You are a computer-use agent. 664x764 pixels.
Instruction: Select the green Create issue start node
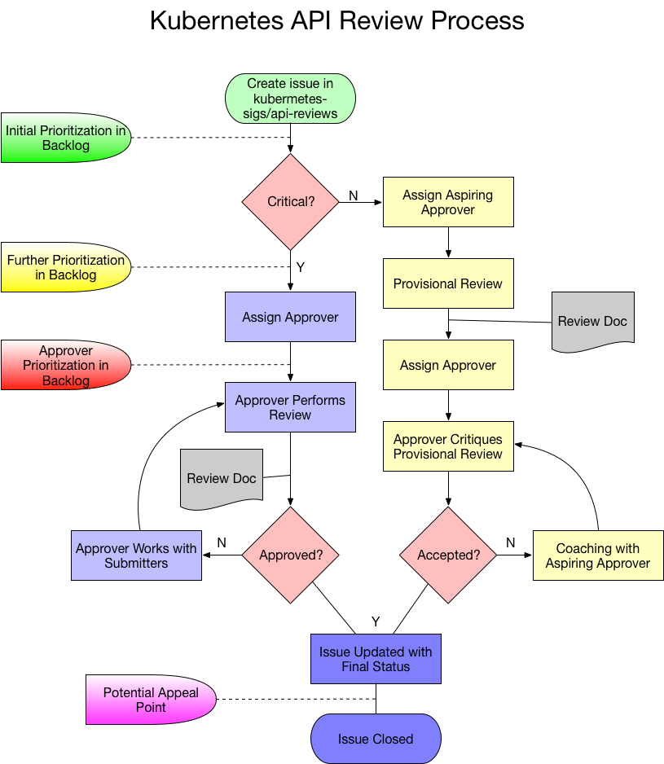290,98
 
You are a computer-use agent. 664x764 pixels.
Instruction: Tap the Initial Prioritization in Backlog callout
66,138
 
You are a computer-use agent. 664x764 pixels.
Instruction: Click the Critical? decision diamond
290,201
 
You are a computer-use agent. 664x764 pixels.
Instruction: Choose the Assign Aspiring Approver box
448,202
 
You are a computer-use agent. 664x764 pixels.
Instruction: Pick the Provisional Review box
448,283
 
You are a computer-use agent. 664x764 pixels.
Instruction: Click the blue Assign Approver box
290,317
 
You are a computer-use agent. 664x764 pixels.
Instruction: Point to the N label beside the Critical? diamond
353,195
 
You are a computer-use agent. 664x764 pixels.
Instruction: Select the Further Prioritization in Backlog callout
66,267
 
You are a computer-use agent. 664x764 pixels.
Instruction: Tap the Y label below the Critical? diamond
300,267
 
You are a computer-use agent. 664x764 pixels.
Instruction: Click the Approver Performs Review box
290,407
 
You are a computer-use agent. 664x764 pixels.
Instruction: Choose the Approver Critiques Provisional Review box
448,446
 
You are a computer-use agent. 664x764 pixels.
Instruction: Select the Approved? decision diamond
290,555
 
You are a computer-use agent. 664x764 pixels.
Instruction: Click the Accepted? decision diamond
448,555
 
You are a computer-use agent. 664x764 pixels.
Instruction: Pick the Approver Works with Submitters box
136,555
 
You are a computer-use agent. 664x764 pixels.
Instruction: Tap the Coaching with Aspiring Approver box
598,555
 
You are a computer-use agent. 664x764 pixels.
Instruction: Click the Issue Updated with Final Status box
376,659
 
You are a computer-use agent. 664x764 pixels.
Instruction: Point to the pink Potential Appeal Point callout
151,700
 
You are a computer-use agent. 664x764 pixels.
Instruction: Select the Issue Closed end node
376,740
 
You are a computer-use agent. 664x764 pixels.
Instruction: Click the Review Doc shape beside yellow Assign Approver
592,321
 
